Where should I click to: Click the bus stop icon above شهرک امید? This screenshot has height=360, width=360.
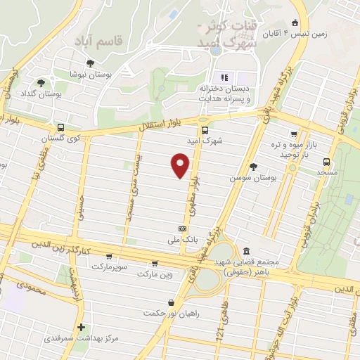205,130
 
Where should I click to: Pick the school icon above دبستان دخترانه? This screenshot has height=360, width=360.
224,77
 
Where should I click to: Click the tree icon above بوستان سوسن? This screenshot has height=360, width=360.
254,167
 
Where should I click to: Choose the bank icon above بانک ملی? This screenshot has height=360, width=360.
183,229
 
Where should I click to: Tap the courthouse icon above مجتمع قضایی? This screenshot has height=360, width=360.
245,251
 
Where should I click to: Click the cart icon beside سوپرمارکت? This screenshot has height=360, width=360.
108,257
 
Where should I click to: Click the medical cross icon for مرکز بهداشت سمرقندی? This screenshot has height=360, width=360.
82,327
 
